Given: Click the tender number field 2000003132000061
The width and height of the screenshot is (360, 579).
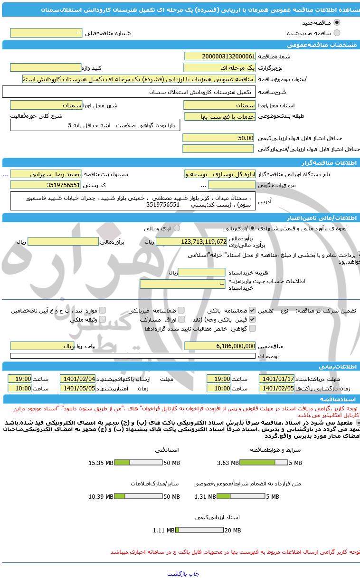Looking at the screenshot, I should [x=219, y=56].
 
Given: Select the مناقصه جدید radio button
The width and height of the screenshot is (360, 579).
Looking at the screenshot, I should [x=337, y=22].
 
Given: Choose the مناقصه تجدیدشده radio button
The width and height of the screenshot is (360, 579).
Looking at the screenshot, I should [x=337, y=33].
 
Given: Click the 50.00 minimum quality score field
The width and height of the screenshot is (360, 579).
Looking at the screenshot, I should [x=219, y=138].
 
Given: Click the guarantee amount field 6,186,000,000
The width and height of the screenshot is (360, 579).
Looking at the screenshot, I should [x=219, y=346].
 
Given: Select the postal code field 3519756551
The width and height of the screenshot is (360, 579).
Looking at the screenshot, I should [x=46, y=185].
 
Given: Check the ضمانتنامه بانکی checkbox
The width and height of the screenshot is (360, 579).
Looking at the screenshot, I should [x=252, y=311].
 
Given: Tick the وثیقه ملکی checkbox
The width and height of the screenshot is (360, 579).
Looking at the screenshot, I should [x=102, y=320].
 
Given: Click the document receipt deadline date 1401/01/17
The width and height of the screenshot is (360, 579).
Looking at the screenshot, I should [x=276, y=379].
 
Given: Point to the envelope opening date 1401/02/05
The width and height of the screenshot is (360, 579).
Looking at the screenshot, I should [x=276, y=388].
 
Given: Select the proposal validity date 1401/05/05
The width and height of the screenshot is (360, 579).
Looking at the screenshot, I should [x=77, y=388].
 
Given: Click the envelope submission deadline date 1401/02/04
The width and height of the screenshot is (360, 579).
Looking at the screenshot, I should [x=77, y=379].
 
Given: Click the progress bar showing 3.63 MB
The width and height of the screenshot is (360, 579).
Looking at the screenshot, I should [x=257, y=463].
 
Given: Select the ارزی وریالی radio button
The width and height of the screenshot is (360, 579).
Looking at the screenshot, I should [x=177, y=228].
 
